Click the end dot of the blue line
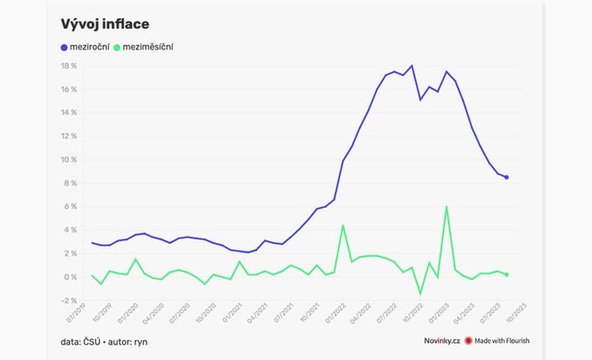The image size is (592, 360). (507, 177)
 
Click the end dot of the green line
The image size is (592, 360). (507, 274)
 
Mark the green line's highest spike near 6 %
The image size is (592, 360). (446, 207)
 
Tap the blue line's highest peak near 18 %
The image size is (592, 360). (411, 66)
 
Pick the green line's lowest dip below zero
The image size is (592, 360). (420, 293)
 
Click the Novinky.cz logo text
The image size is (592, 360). (443, 341)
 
